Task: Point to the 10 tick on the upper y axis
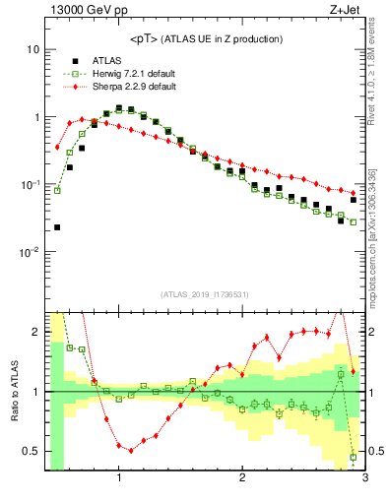click(32, 49)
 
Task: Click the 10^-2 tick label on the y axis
click(29, 252)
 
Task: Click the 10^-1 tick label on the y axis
click(29, 184)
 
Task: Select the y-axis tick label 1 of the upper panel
click(35, 117)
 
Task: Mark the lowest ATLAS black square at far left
click(57, 227)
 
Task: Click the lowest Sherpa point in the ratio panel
click(131, 450)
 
